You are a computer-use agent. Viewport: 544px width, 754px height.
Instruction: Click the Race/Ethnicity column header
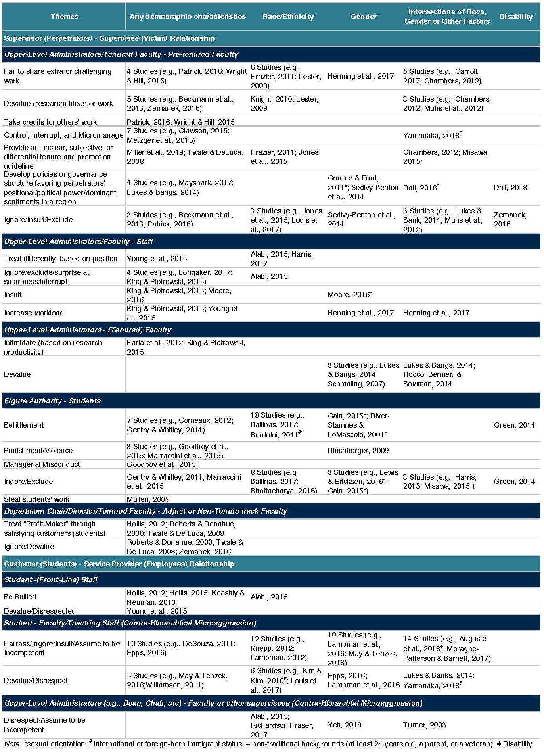[x=288, y=17]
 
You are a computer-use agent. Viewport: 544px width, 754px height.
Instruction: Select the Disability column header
[x=515, y=17]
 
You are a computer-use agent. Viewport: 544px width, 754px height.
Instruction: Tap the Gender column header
[x=363, y=17]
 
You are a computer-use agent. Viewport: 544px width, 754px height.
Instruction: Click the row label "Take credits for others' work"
[x=50, y=122]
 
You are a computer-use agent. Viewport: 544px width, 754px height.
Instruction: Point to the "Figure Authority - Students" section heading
[x=52, y=401]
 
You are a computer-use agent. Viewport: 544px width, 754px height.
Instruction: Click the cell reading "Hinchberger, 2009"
[x=358, y=451]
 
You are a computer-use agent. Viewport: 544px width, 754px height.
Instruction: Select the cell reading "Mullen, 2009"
[x=148, y=499]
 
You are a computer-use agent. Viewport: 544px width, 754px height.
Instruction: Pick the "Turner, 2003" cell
[x=424, y=725]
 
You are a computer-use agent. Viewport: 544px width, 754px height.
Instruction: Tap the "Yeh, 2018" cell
[x=345, y=725]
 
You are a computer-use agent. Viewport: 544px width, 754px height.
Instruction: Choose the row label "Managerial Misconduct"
[x=42, y=464]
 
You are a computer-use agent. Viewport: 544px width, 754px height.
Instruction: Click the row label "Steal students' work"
[x=36, y=499]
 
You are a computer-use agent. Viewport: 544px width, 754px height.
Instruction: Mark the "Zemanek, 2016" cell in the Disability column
[x=510, y=219]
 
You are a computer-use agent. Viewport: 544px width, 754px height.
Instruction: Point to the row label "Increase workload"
[x=34, y=313]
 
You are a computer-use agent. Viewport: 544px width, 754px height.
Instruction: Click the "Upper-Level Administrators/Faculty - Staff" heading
[x=79, y=242]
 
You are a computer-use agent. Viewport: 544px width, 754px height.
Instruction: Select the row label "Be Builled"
[x=20, y=597]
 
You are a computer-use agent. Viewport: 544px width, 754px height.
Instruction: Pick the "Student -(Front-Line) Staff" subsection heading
[x=51, y=580]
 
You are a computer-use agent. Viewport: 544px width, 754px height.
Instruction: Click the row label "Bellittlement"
[x=24, y=425]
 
